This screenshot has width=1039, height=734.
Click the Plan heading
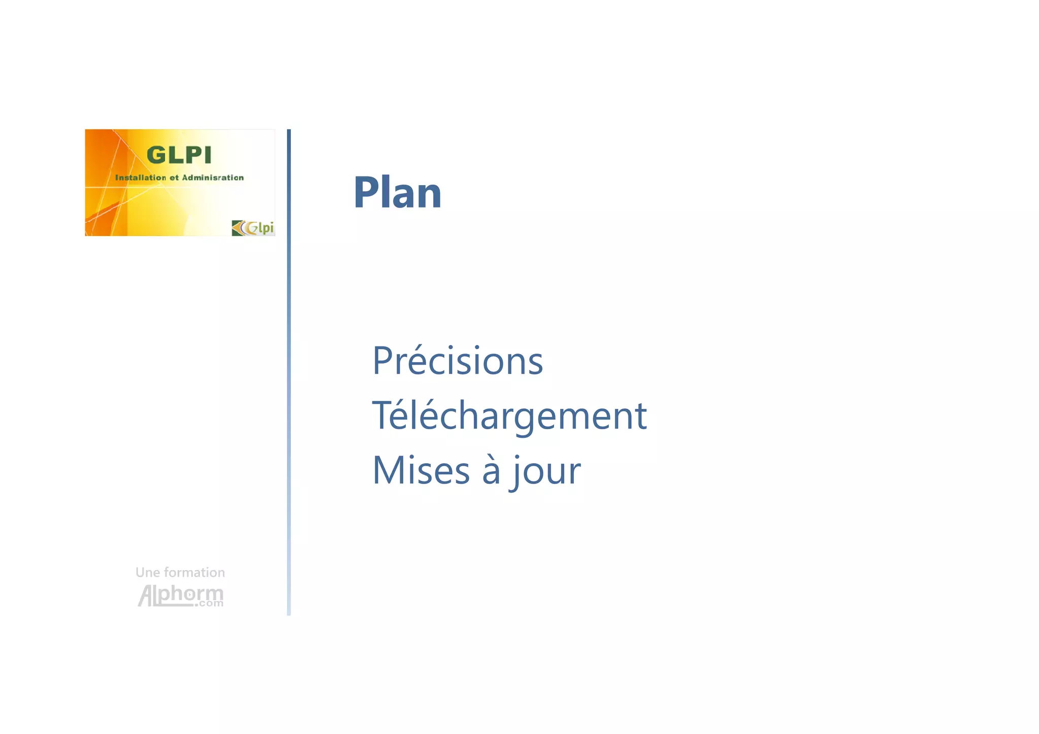[x=397, y=192]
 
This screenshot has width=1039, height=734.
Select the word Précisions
[x=458, y=361]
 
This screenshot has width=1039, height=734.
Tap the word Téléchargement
[x=509, y=415]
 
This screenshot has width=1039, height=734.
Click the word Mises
[x=421, y=470]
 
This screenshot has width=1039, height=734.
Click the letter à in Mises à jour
[x=491, y=470]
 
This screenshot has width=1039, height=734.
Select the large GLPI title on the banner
[x=179, y=155]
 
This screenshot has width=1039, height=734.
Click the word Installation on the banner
[x=141, y=178]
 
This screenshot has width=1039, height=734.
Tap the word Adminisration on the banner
[x=213, y=178]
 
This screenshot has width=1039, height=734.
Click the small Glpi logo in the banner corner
[x=253, y=228]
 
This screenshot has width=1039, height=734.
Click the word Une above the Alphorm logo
[x=148, y=573]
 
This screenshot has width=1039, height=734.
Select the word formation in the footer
[x=194, y=573]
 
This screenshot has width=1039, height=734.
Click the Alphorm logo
[x=180, y=595]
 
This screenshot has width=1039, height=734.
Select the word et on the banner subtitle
[x=174, y=178]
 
